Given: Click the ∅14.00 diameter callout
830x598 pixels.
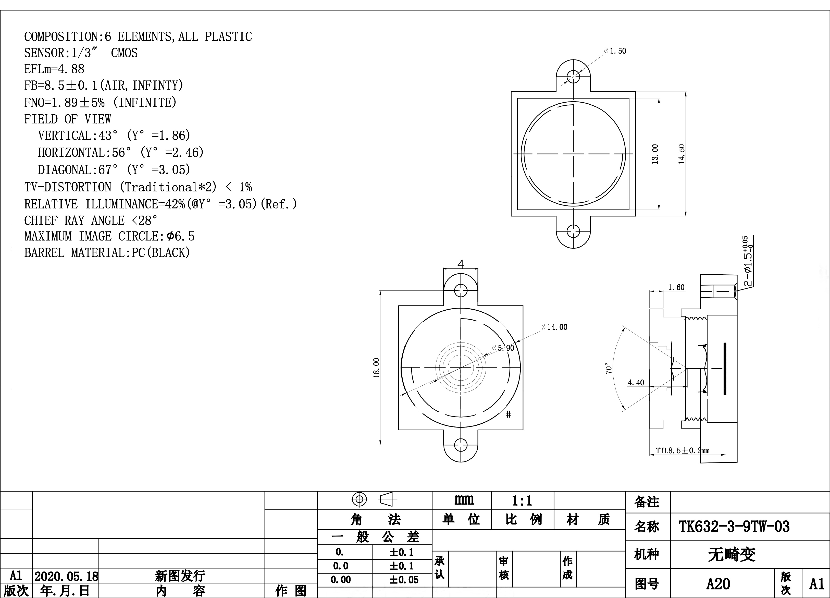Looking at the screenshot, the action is [x=554, y=327].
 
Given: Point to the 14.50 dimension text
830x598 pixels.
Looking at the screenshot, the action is [x=682, y=154].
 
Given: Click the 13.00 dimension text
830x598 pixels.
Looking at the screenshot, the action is [x=655, y=154].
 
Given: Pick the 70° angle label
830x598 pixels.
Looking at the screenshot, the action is [x=609, y=368].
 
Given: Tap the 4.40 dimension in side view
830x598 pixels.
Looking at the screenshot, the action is [x=636, y=383].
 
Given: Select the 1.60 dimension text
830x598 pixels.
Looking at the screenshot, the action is [x=676, y=287].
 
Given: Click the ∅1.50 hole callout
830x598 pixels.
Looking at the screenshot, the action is [x=615, y=51].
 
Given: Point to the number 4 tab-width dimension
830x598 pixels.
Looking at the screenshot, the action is [x=461, y=264].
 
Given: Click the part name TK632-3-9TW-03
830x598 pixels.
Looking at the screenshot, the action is [x=734, y=527].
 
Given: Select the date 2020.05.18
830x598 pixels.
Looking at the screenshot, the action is [x=66, y=576].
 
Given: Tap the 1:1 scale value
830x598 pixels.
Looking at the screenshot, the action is [x=522, y=501].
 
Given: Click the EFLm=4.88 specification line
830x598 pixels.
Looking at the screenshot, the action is [x=54, y=69].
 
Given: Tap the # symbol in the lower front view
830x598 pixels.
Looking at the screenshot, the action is [x=508, y=414].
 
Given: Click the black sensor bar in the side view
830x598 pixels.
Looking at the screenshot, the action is [x=725, y=369].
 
